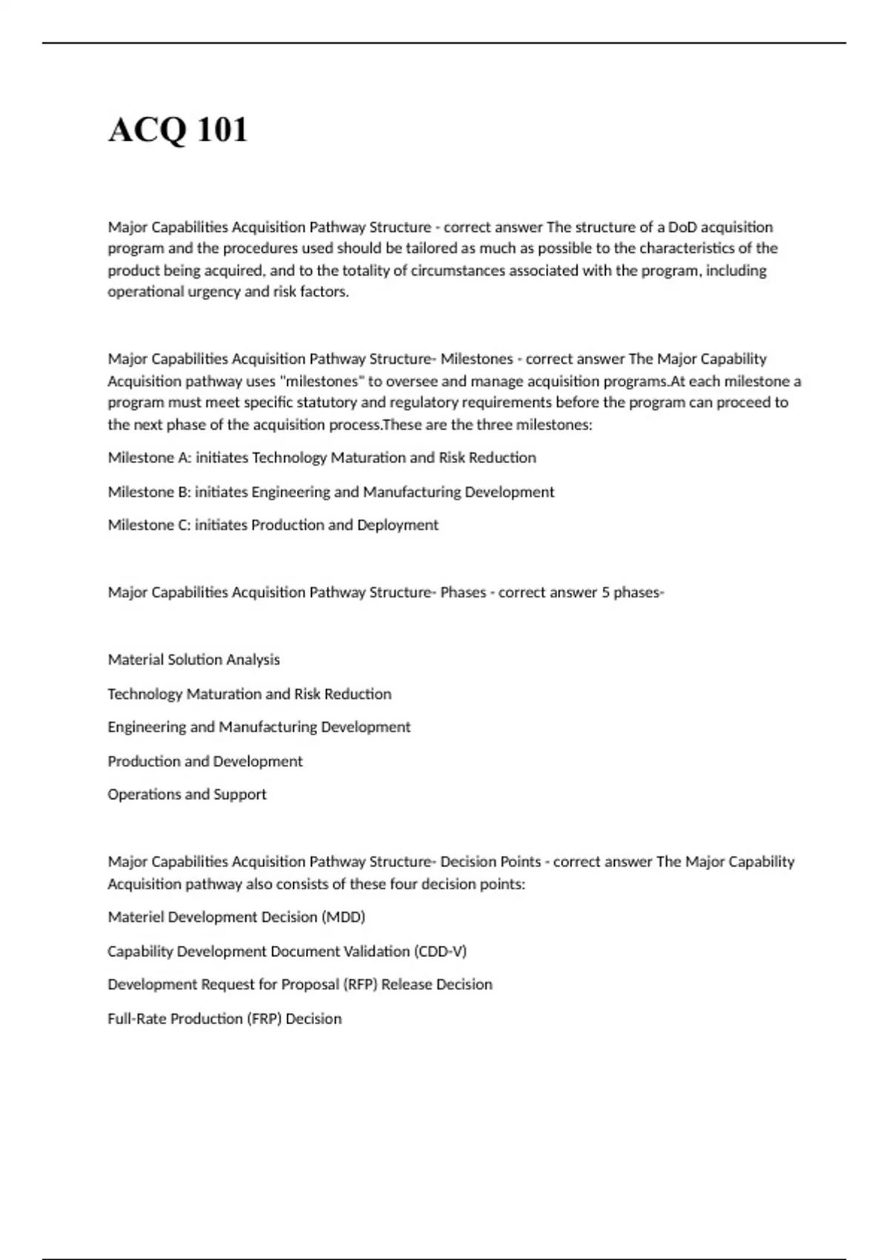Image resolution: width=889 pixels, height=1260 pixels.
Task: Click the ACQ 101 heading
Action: tap(178, 130)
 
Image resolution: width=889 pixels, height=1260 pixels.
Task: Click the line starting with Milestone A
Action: tap(322, 457)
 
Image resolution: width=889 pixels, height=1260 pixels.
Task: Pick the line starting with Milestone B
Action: tap(330, 491)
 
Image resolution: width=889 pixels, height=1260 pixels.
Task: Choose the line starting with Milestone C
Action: tap(273, 525)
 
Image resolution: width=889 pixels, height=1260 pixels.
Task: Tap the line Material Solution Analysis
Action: tap(193, 660)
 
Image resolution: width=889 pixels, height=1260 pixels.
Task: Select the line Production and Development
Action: tap(204, 761)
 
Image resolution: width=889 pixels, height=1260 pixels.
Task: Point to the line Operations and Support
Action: tap(187, 795)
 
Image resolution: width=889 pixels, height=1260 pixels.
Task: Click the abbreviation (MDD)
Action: tap(343, 917)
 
